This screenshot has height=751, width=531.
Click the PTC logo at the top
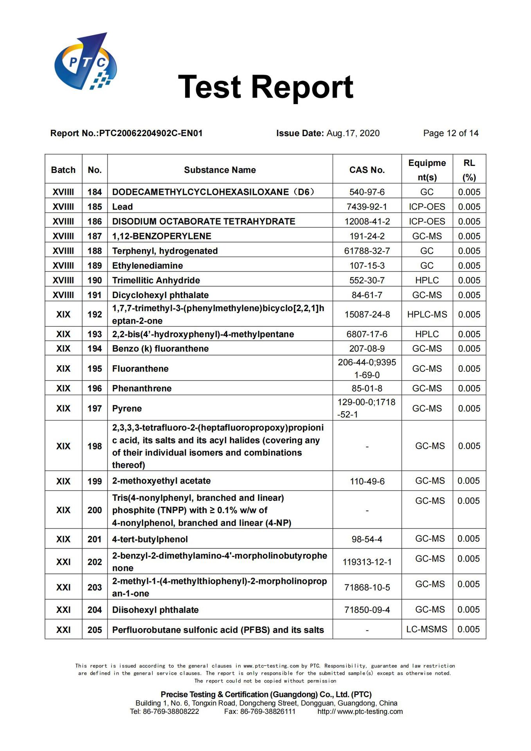85,62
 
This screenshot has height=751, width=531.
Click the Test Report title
265,87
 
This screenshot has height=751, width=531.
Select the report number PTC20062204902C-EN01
151,133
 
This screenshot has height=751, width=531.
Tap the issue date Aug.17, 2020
353,133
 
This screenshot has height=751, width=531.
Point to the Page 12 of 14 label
450,133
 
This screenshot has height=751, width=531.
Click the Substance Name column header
220,170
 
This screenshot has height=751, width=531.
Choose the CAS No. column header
367,170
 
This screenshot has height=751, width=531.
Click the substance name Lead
122,207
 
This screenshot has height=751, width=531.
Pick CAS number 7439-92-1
367,207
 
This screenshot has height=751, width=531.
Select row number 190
95,280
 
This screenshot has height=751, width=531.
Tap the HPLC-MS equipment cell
427,314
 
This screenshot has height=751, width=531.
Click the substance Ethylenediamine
148,266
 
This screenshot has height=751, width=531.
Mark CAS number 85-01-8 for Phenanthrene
367,388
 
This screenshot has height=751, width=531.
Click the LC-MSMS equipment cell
427,629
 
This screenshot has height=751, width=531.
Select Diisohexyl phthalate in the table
155,610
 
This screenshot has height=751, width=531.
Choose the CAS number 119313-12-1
367,562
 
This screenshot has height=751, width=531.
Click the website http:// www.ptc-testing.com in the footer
360,711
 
